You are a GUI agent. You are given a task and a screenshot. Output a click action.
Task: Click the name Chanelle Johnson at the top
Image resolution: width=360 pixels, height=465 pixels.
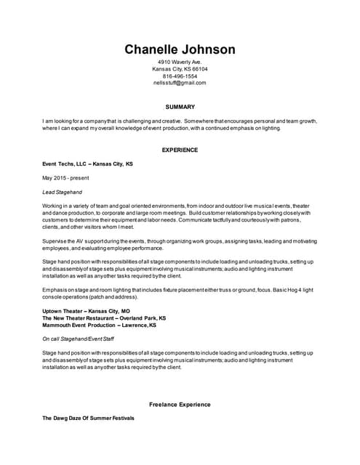(x=180, y=49)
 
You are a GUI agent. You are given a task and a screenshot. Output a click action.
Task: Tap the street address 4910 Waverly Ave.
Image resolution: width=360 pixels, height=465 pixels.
(x=180, y=62)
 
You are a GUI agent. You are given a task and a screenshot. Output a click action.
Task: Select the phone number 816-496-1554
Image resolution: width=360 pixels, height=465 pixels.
(x=180, y=76)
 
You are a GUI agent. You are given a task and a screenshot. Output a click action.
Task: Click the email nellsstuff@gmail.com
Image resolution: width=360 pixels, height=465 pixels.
(x=180, y=83)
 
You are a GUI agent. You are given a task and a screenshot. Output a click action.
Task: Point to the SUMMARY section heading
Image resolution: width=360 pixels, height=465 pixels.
(x=180, y=107)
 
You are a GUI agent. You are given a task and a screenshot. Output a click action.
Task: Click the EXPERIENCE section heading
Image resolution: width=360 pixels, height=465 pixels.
(x=180, y=150)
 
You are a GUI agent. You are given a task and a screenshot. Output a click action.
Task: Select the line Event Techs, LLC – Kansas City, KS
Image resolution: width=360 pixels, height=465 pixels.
(x=87, y=164)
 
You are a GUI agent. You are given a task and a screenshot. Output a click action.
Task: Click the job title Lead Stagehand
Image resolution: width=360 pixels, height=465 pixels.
(x=63, y=193)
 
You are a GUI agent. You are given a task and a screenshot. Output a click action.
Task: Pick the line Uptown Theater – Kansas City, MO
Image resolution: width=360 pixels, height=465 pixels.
(x=86, y=311)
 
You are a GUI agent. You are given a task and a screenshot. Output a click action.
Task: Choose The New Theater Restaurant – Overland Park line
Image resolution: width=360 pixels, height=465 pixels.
(x=104, y=318)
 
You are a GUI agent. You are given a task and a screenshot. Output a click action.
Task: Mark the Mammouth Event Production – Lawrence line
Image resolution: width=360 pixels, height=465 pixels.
(x=99, y=325)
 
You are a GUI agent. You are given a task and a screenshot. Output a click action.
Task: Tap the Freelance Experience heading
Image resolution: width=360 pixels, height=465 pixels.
(x=180, y=404)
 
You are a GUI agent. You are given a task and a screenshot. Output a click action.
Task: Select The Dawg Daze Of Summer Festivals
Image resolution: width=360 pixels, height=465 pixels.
(x=88, y=418)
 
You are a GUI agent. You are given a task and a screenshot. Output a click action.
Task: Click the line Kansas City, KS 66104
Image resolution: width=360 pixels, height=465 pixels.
(x=180, y=69)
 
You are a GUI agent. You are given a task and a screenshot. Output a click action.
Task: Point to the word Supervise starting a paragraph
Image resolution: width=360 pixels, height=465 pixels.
(x=55, y=240)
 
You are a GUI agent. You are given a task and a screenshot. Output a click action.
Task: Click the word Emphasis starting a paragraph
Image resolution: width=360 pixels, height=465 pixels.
(x=55, y=290)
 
